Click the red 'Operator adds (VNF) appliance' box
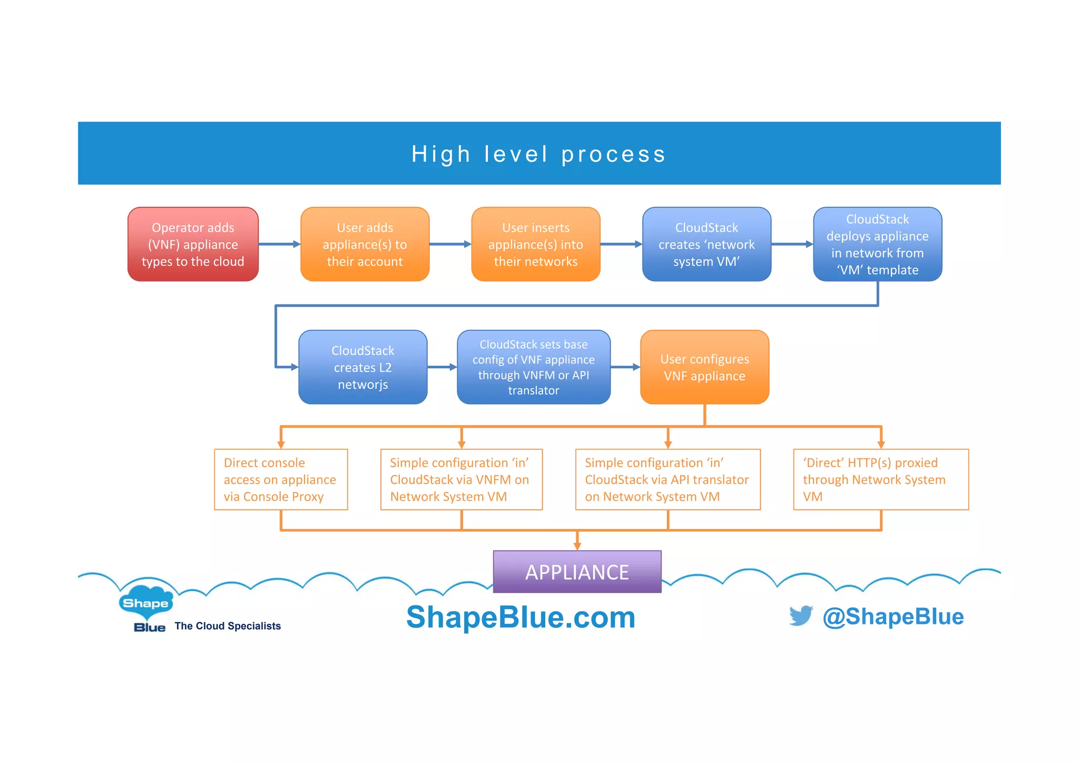[x=193, y=244]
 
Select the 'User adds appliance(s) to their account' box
[x=365, y=244]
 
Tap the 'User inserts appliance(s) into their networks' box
[x=535, y=244]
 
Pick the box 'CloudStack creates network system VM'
[x=706, y=244]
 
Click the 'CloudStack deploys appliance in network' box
[x=877, y=244]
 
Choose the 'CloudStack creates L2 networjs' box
[x=362, y=367]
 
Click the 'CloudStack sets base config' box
[x=533, y=367]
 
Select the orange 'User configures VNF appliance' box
[x=704, y=367]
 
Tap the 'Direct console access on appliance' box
[x=281, y=480]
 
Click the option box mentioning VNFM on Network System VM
[x=461, y=480]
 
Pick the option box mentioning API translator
[x=668, y=480]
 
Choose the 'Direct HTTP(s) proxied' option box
[x=880, y=480]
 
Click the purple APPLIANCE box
[x=577, y=572]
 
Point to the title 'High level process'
[x=538, y=154]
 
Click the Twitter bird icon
[x=801, y=615]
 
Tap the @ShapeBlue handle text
[x=893, y=617]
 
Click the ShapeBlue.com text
[x=521, y=617]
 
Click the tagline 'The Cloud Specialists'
[x=228, y=626]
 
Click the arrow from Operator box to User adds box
[x=279, y=244]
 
